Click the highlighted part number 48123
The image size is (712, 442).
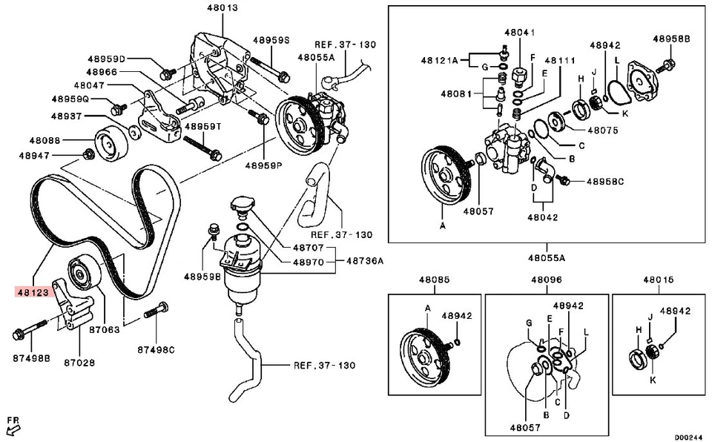point(33,293)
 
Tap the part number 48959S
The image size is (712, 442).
point(271,40)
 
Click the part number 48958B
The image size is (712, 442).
point(671,38)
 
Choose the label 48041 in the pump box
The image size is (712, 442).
point(520,33)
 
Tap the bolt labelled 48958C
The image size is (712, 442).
point(562,180)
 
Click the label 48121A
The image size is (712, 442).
point(440,59)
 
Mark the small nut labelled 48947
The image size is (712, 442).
point(88,154)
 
